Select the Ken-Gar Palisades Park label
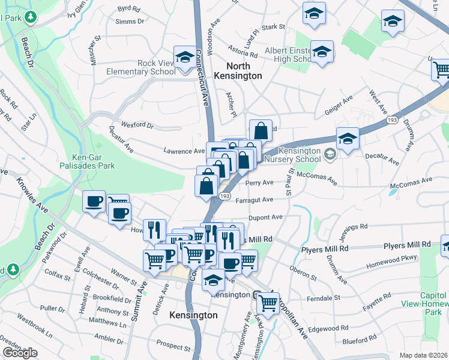pyautogui.click(x=92, y=158)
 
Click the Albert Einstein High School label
pyautogui.click(x=286, y=53)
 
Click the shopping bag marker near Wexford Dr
pyautogui.click(x=261, y=130)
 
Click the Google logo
pyautogui.click(x=20, y=353)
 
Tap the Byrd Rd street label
pyautogui.click(x=128, y=8)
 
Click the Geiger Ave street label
pyautogui.click(x=338, y=103)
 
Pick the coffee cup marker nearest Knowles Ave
pyautogui.click(x=94, y=202)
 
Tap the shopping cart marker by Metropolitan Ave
pyautogui.click(x=268, y=302)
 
